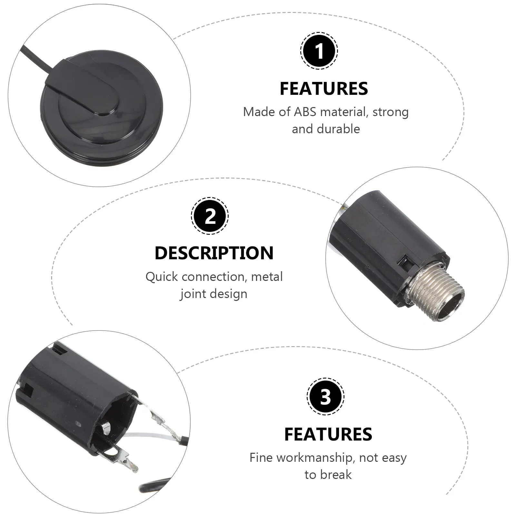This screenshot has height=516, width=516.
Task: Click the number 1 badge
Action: (x=319, y=51)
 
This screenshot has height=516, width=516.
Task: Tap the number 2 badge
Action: (x=210, y=216)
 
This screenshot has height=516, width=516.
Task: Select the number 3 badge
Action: (x=325, y=396)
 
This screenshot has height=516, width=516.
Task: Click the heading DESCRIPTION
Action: (x=214, y=253)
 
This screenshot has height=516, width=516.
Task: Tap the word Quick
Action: (x=162, y=277)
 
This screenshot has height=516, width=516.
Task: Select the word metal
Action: (x=267, y=277)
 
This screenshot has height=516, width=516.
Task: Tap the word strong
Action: (x=391, y=112)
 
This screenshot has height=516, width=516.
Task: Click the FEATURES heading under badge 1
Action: (x=324, y=89)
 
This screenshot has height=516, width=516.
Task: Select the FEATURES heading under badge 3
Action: (x=328, y=434)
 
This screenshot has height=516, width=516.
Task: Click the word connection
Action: (x=214, y=277)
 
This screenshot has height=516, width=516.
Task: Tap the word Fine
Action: (x=261, y=458)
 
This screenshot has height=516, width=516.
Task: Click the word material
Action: (x=343, y=112)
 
